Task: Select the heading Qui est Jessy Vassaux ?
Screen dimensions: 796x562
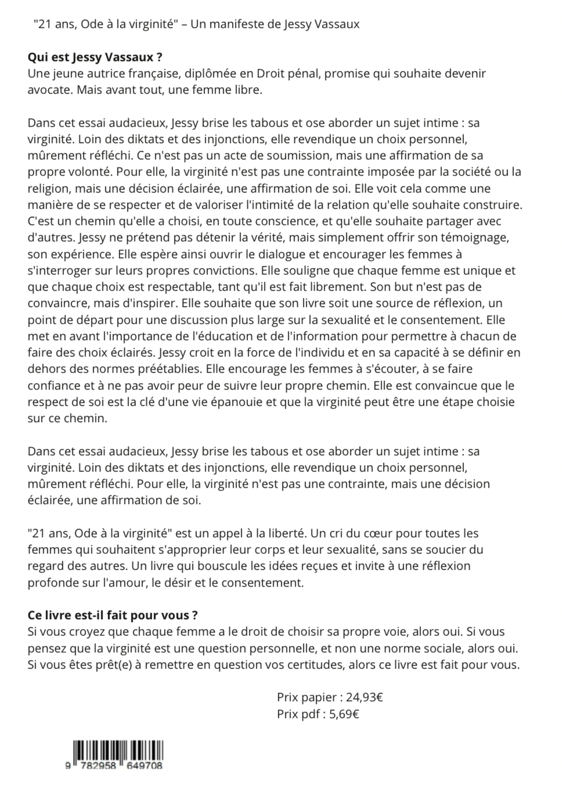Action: [x=95, y=57]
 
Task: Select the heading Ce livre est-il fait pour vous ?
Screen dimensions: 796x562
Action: [x=112, y=615]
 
